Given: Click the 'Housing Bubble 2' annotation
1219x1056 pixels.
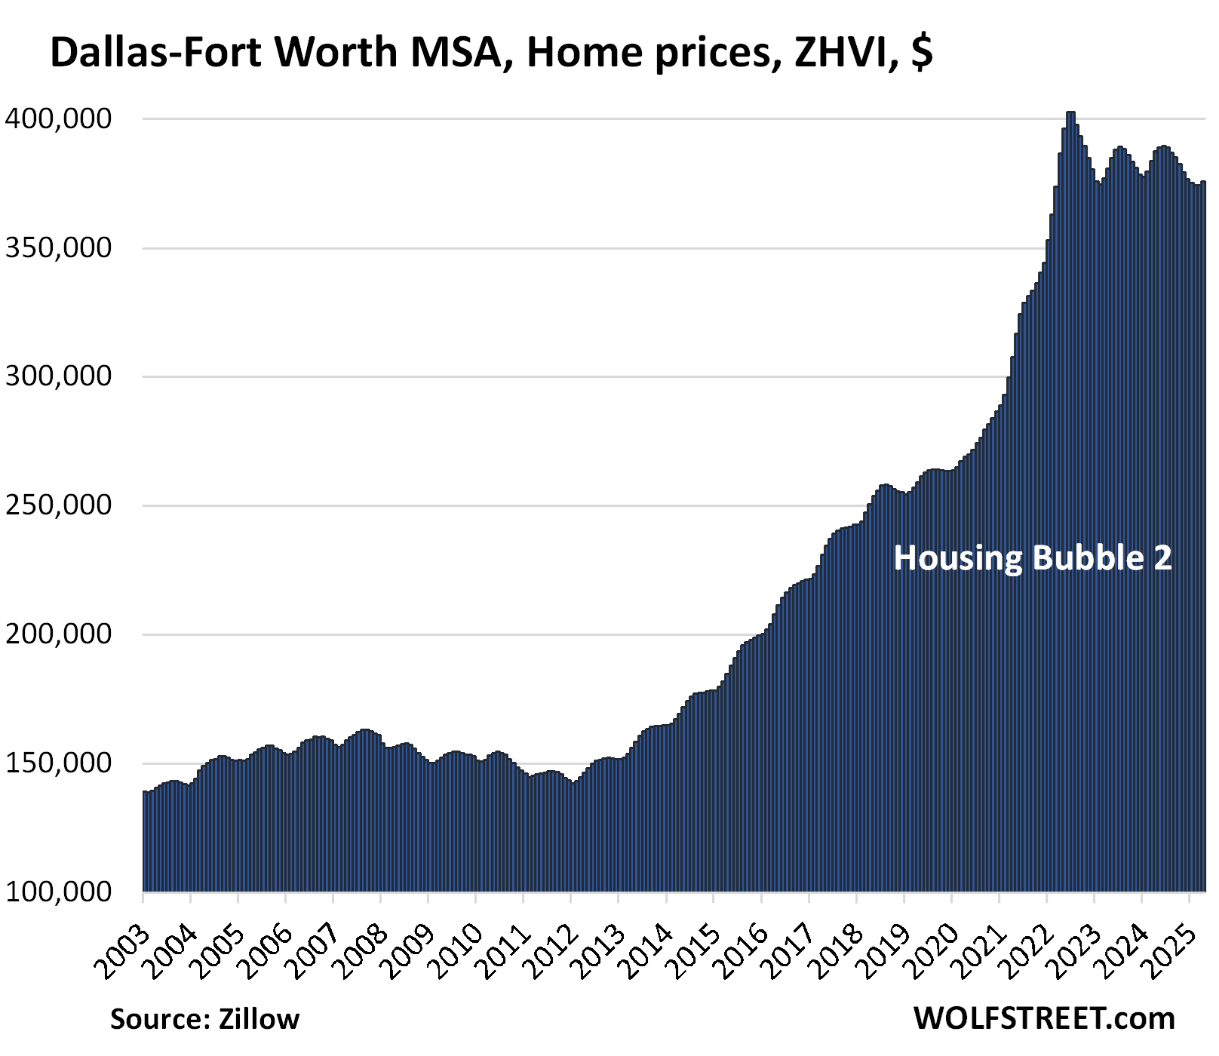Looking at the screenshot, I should tap(1033, 558).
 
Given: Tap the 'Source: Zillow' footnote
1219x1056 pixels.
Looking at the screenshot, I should tap(204, 1019).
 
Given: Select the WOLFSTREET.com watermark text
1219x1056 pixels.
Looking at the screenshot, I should tap(1044, 1018).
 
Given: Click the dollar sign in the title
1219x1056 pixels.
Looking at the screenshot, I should tap(921, 53).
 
